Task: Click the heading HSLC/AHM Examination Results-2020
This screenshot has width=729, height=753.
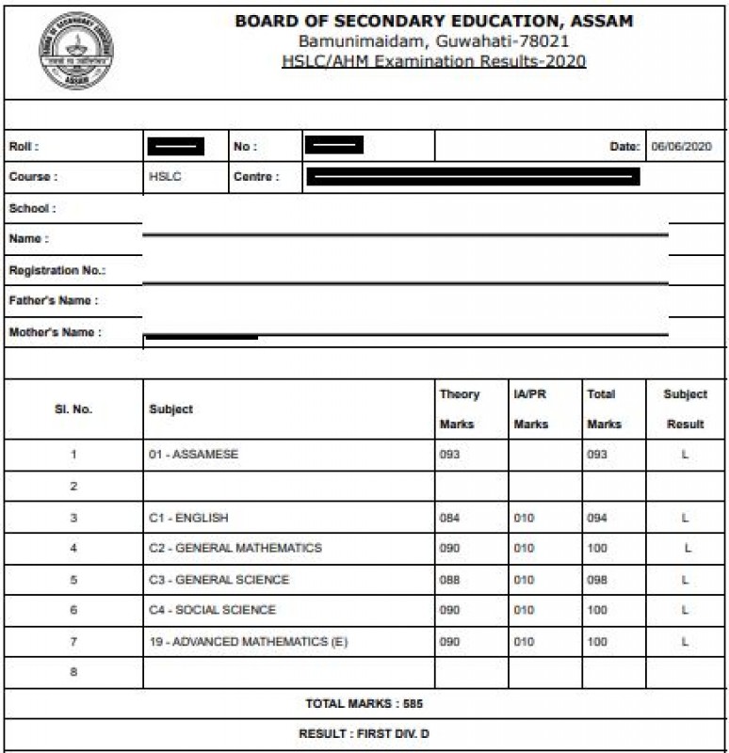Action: tap(434, 61)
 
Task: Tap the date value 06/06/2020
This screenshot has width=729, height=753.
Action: tap(681, 147)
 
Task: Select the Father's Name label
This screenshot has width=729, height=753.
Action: tap(53, 301)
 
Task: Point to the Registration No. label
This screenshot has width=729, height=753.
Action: tap(57, 270)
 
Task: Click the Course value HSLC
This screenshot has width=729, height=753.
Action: tap(165, 176)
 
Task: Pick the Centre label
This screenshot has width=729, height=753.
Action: tap(256, 176)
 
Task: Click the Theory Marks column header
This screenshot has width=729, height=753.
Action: tap(460, 409)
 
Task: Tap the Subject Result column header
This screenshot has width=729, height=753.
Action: tap(685, 409)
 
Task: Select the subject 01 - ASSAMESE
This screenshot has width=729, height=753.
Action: tap(193, 455)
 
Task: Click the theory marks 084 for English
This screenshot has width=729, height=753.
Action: tap(450, 518)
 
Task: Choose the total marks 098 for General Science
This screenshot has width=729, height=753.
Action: tap(597, 579)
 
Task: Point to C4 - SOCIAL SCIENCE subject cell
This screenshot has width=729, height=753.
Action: tap(212, 610)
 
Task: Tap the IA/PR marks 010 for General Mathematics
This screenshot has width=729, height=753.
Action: tap(524, 548)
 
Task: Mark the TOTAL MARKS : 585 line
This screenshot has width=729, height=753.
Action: tap(364, 703)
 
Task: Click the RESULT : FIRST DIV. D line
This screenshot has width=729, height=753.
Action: tap(364, 734)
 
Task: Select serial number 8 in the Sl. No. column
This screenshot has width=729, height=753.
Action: tap(73, 672)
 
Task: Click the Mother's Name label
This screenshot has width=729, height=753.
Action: tap(55, 332)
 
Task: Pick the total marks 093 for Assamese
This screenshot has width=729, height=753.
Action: tap(597, 455)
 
